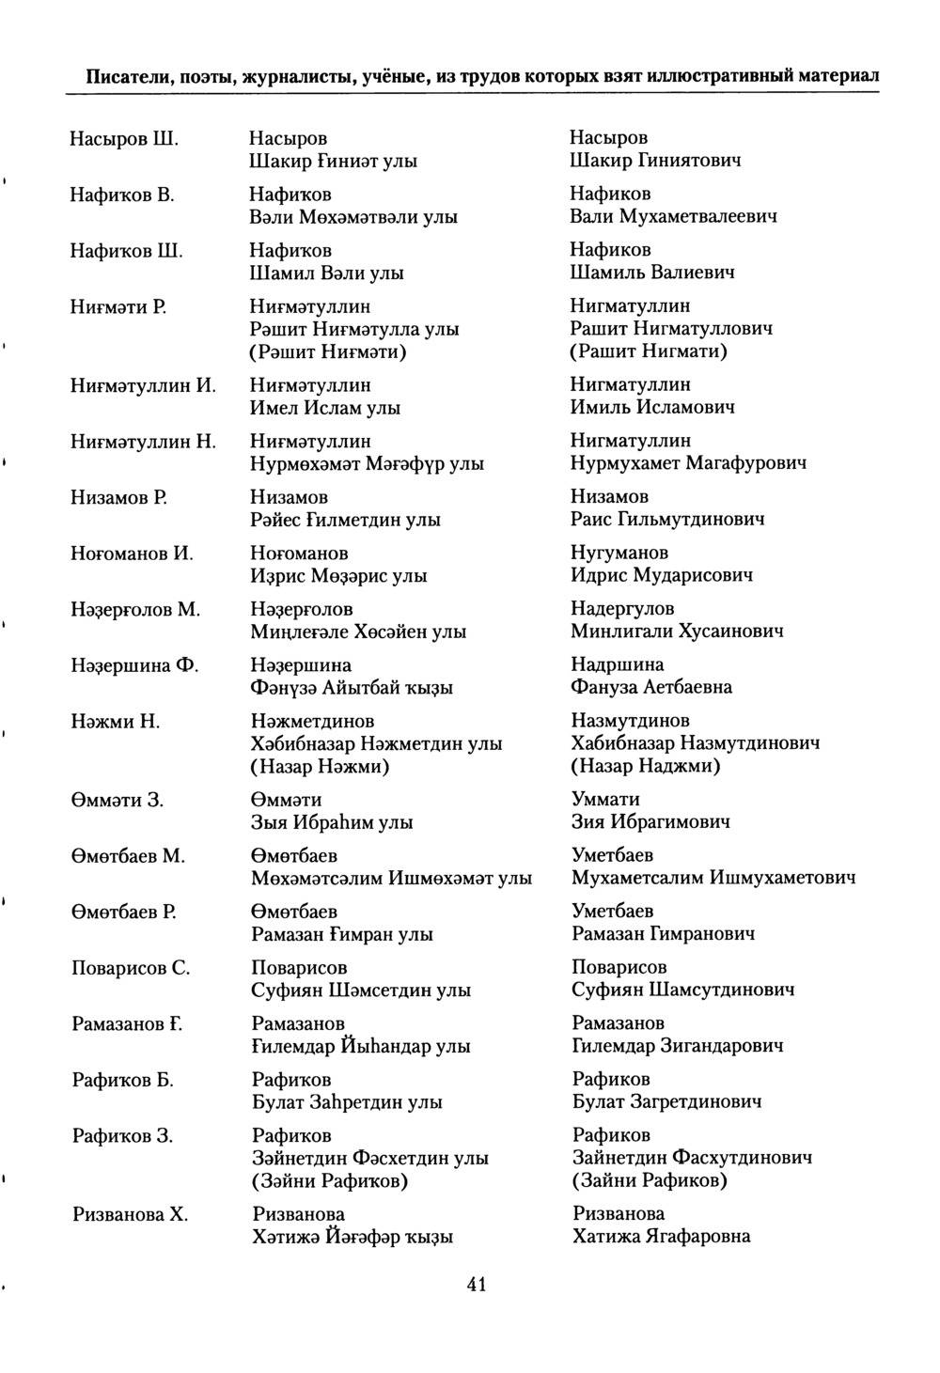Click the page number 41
[x=476, y=1286]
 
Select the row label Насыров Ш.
[x=124, y=138]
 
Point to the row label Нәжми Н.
[x=116, y=722]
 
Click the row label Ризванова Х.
[x=131, y=1214]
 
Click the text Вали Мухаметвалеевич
[x=674, y=216]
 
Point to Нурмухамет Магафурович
[x=689, y=462]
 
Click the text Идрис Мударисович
[x=663, y=575]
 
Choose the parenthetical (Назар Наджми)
[x=646, y=766]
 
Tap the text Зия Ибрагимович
[x=651, y=822]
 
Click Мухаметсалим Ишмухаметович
[x=713, y=878]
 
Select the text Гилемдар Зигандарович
[x=678, y=1045]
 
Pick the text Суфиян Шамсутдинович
[x=683, y=990]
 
